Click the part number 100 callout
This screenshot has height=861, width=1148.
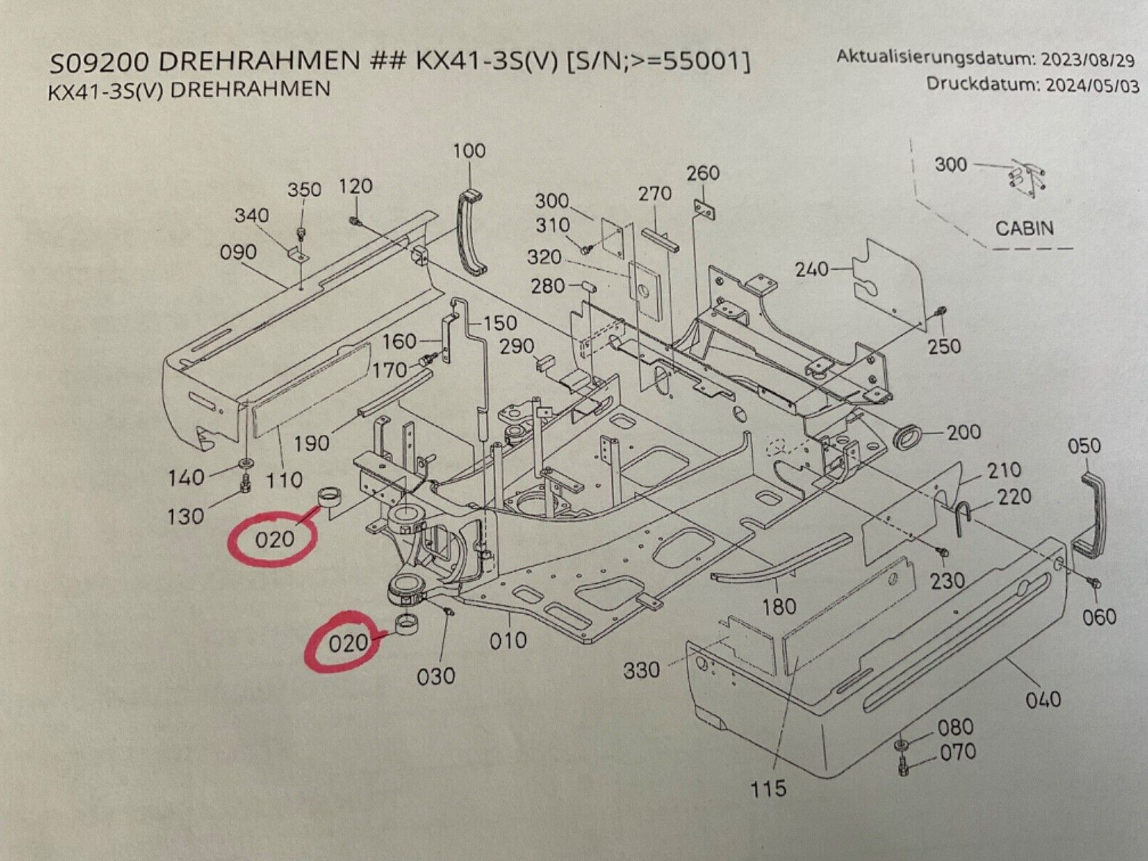click(x=469, y=151)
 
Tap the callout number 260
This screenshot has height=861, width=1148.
click(x=702, y=173)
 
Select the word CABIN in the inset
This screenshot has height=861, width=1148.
click(x=1025, y=229)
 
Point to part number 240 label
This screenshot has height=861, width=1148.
click(x=811, y=270)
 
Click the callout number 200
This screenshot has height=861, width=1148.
click(x=964, y=432)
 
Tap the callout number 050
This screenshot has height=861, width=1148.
click(x=1084, y=446)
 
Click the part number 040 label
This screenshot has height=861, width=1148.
click(x=1043, y=698)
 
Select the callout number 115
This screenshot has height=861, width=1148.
click(x=768, y=789)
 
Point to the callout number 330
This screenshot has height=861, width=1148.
click(x=641, y=670)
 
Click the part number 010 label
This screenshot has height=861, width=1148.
click(x=508, y=640)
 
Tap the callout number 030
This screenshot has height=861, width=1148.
click(x=436, y=676)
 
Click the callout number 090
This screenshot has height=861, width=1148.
click(x=239, y=253)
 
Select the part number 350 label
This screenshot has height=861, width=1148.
click(x=304, y=190)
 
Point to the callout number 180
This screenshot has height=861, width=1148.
click(x=779, y=607)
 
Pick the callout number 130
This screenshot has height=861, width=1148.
click(x=186, y=515)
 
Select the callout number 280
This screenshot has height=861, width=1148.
click(x=548, y=287)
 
